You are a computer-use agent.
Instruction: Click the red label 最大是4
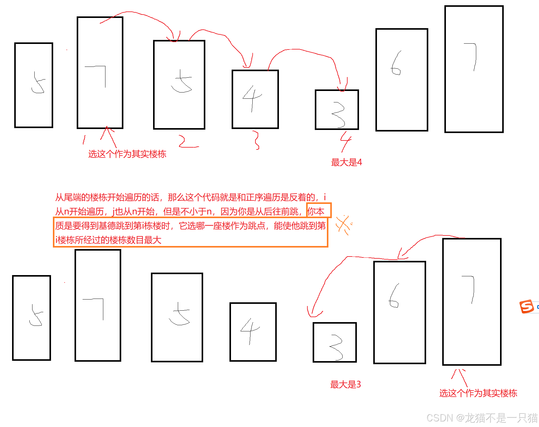coord(346,162)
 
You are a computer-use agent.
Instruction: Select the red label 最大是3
coord(345,384)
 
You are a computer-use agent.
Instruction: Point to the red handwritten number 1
coord(84,140)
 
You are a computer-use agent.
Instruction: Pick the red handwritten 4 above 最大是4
coord(345,141)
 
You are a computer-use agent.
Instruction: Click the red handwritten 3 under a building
coord(256,140)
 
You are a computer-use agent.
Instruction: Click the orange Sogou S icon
coord(527,306)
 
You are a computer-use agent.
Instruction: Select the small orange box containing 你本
coord(319,211)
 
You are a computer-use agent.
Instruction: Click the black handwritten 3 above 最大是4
coord(338,115)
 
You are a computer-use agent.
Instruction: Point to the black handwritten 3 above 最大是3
coord(336,347)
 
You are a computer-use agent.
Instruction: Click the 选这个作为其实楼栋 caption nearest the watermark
coord(478,393)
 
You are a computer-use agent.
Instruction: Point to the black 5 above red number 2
coord(181,81)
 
